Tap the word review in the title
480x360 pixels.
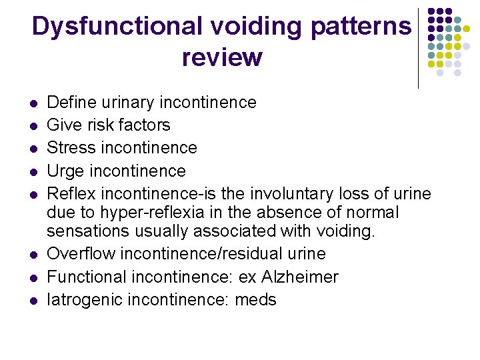point(221,58)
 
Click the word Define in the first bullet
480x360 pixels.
point(71,103)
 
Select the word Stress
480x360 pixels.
point(71,148)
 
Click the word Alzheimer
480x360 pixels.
point(300,277)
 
